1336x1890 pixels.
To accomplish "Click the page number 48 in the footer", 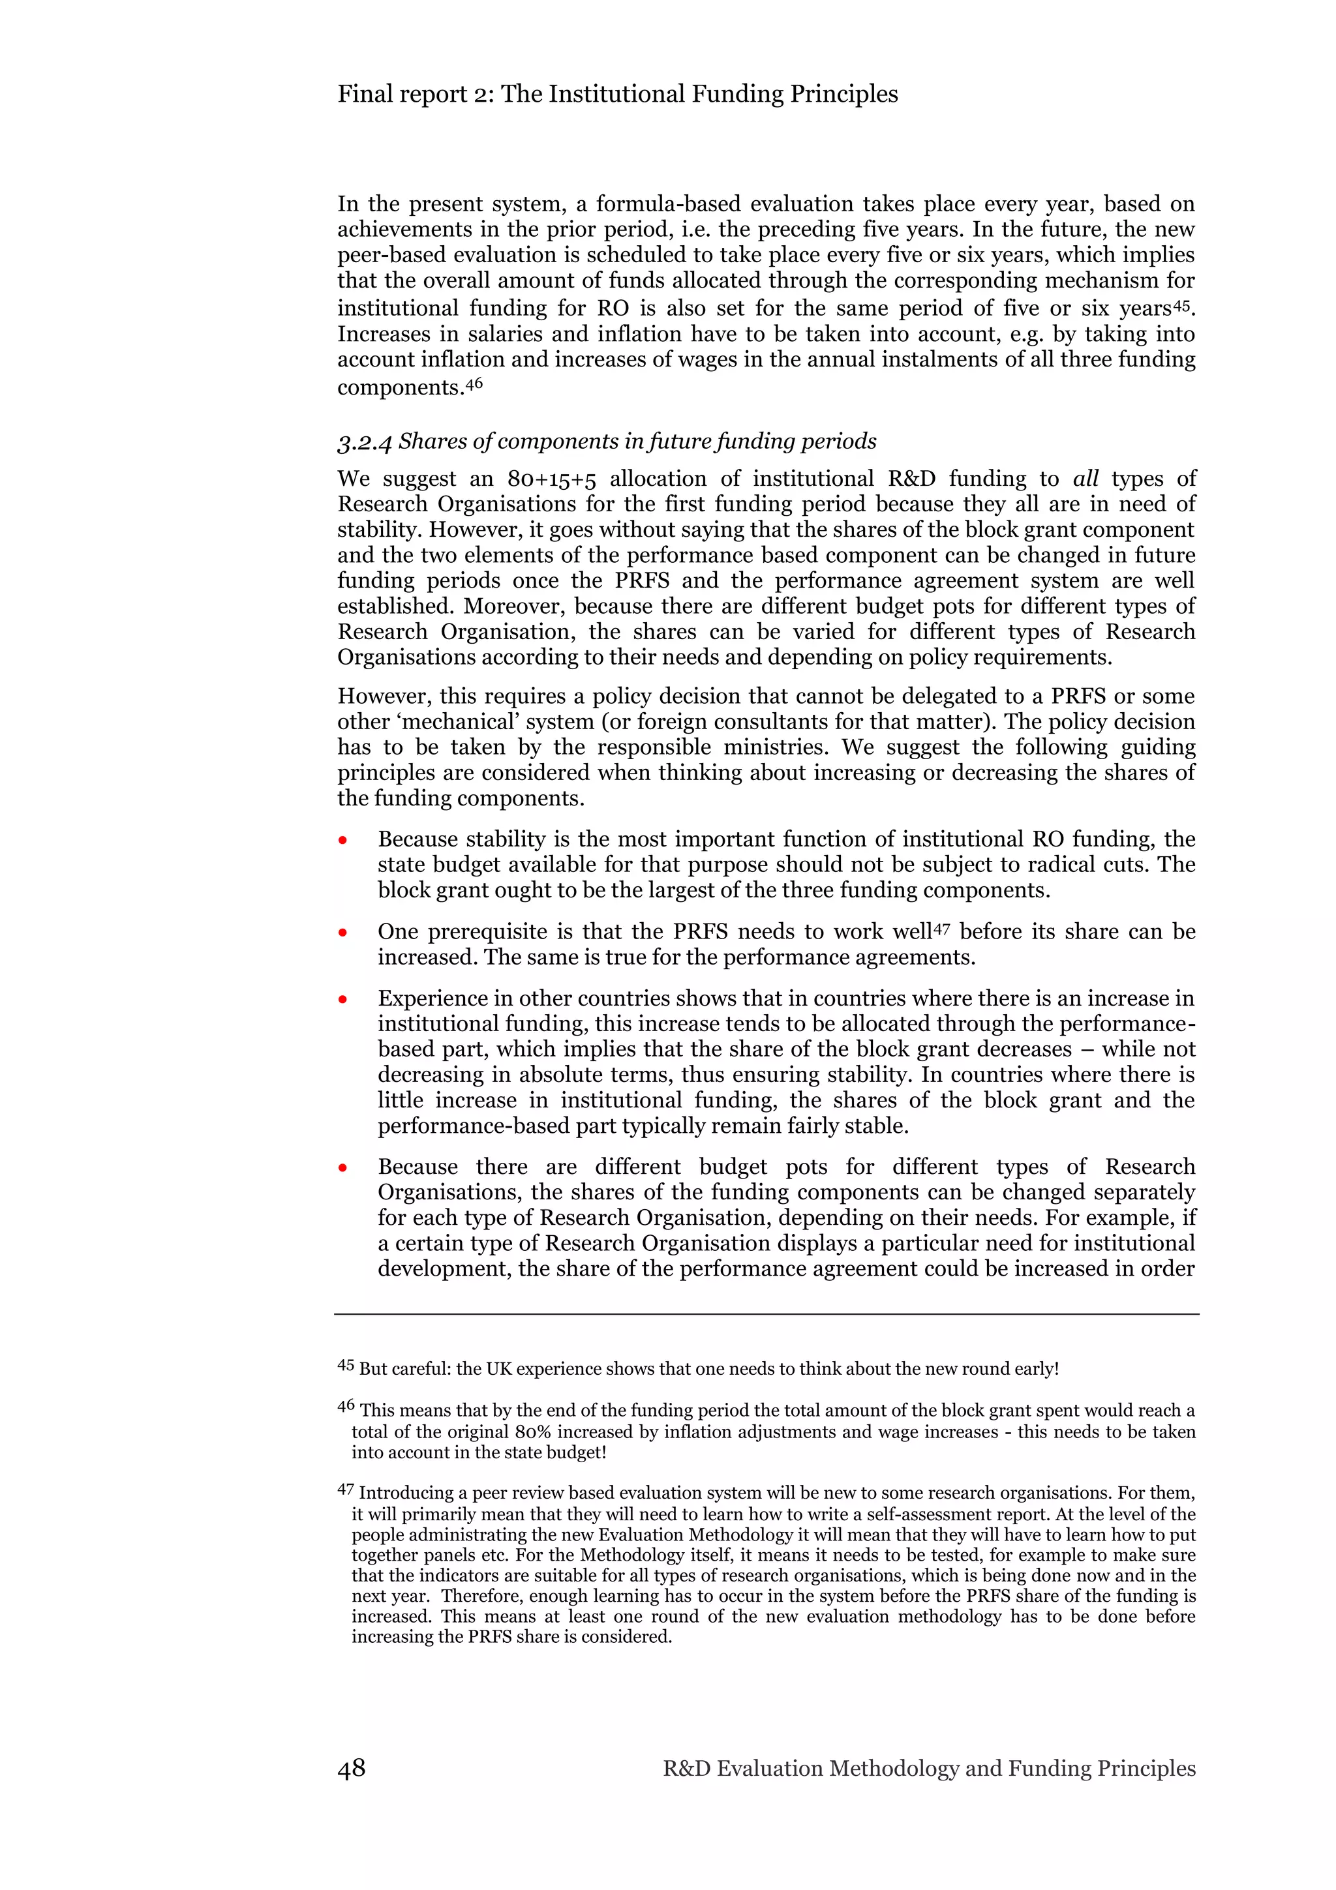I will tap(352, 1768).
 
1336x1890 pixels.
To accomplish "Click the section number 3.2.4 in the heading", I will tap(365, 443).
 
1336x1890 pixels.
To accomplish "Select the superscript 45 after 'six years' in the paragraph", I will tap(1183, 305).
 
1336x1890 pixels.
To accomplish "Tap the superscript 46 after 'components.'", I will tap(474, 383).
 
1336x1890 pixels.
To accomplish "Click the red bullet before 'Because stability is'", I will tap(342, 841).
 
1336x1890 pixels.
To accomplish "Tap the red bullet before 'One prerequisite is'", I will tap(342, 933).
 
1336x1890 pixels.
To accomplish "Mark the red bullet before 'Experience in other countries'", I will tap(342, 1000).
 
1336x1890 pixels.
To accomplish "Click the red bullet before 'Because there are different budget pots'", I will tap(342, 1169).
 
